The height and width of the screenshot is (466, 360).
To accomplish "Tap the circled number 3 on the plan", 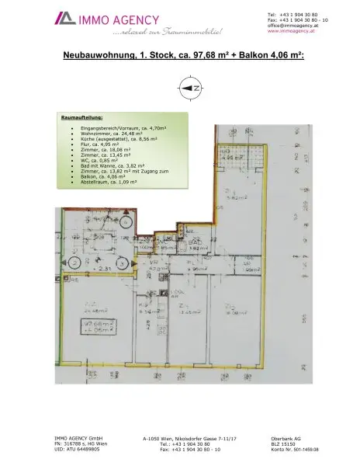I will [123, 264].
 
